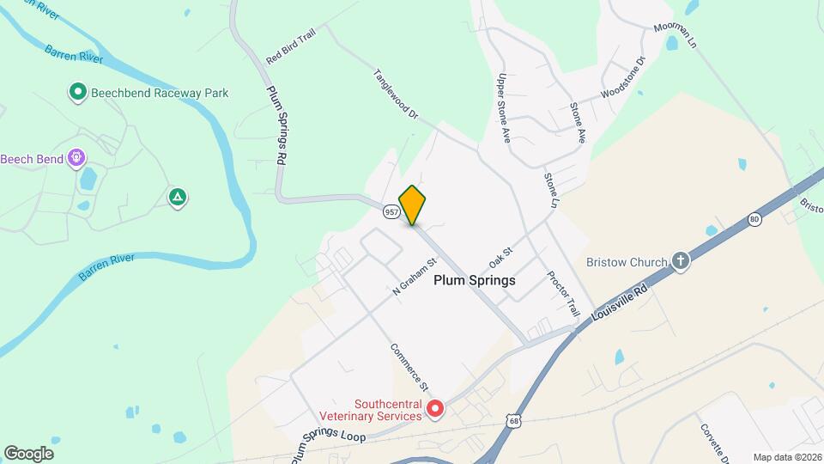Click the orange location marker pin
(x=413, y=205)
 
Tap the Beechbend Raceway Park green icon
(x=77, y=91)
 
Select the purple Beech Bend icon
(x=76, y=158)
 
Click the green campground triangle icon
(x=178, y=198)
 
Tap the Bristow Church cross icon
(x=681, y=261)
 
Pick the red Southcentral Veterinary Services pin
(x=435, y=409)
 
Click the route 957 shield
(x=391, y=211)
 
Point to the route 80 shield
(x=754, y=219)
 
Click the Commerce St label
(x=409, y=369)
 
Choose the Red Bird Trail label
(x=291, y=48)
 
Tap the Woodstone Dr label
(x=622, y=77)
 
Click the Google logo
(x=28, y=453)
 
